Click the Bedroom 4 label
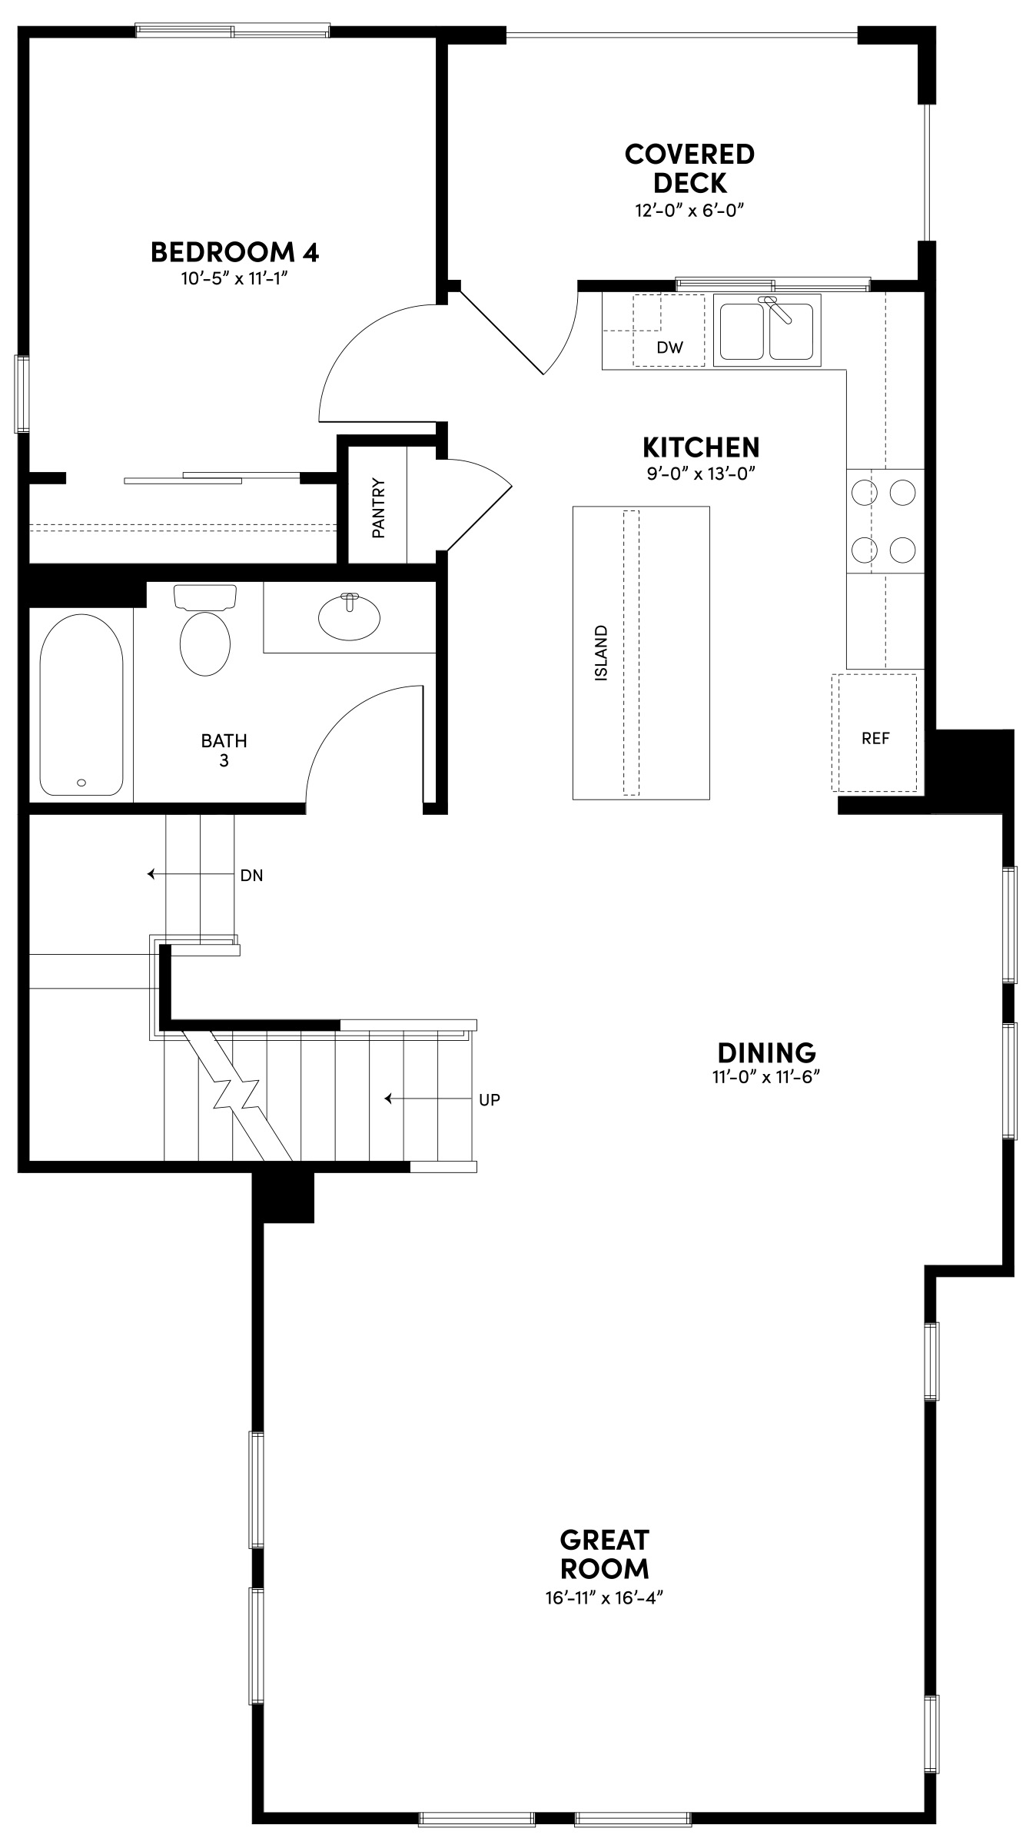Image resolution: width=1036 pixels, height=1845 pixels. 234,251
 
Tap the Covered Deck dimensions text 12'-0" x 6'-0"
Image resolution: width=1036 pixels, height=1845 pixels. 690,211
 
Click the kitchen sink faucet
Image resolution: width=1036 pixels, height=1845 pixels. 778,309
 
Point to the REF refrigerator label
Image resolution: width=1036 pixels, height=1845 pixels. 875,738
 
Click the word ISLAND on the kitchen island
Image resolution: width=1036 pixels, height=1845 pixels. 602,653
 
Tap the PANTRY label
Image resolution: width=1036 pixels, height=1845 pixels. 378,508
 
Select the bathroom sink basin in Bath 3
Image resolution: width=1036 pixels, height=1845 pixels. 350,617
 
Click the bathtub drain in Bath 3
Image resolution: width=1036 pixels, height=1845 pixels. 81,783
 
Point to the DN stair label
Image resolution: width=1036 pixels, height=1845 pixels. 251,875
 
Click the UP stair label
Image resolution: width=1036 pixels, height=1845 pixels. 489,1099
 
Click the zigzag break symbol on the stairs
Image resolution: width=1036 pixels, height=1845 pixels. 234,1092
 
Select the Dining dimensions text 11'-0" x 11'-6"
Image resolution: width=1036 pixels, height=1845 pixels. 766,1077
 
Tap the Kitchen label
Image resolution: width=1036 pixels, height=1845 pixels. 701,447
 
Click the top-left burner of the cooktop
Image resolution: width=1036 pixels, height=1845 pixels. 863,491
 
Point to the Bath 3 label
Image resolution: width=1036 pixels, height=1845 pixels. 224,750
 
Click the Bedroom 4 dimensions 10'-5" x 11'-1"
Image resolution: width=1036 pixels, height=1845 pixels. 234,278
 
